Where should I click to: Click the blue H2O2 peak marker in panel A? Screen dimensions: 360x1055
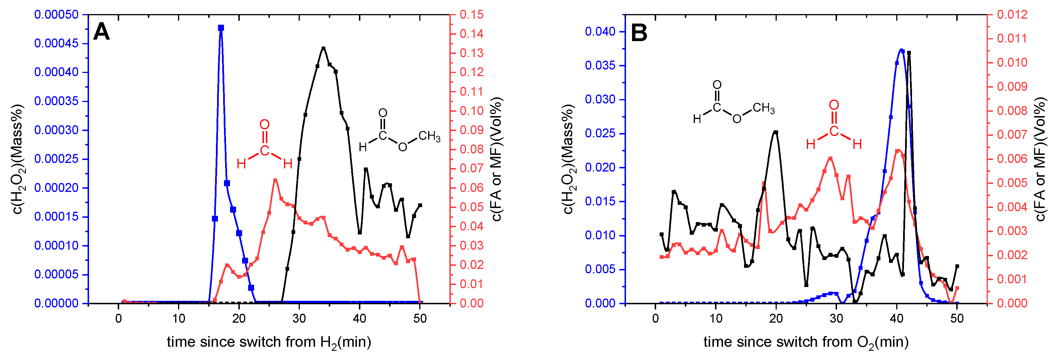point(221,28)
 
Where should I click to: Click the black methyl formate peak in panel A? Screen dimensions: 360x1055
point(324,48)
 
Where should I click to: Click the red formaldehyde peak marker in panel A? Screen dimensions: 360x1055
point(275,180)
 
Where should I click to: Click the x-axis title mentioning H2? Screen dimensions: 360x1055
point(269,342)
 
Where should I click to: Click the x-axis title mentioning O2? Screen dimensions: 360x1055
point(805,342)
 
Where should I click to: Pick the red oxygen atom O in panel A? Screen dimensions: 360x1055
point(264,124)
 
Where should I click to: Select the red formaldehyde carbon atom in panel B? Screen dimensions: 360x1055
point(834,131)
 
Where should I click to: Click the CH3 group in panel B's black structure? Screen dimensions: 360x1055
point(764,108)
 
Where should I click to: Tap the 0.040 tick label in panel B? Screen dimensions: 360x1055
point(600,32)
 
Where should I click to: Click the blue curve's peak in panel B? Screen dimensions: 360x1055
point(901,49)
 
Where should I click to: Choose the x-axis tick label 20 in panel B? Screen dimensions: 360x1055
point(776,319)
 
